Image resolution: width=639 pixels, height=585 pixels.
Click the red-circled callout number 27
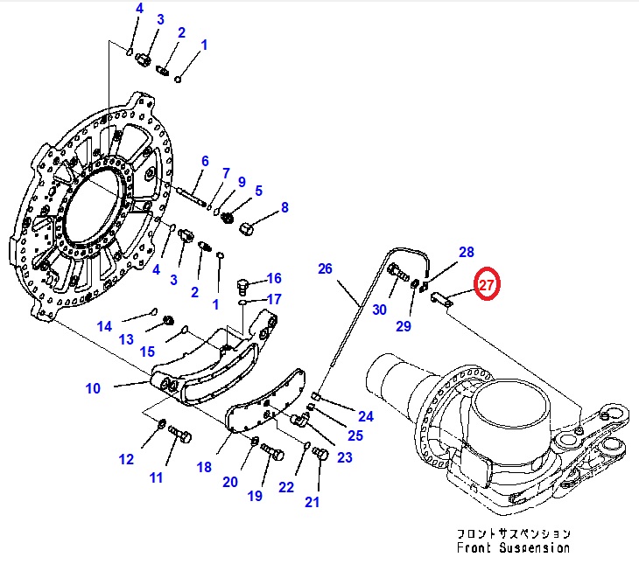[x=487, y=285]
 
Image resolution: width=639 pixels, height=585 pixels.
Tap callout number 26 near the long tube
[x=326, y=268]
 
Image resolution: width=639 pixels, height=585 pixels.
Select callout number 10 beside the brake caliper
[x=93, y=388]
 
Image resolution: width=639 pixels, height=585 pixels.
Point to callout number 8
[x=284, y=208]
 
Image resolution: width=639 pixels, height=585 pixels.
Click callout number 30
[x=379, y=310]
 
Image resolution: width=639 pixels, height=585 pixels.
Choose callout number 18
[x=204, y=467]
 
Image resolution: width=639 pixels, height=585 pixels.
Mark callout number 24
[x=365, y=415]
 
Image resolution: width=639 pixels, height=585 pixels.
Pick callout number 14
[x=105, y=326]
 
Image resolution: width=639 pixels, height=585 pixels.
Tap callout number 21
[x=312, y=502]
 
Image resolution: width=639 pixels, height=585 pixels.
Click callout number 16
[x=274, y=279]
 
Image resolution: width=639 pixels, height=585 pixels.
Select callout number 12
[x=126, y=458]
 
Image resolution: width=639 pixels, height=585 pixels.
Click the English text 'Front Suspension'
[x=513, y=548]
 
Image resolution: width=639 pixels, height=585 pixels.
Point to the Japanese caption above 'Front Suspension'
[x=513, y=533]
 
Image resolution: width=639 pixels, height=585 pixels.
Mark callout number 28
[x=466, y=253]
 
